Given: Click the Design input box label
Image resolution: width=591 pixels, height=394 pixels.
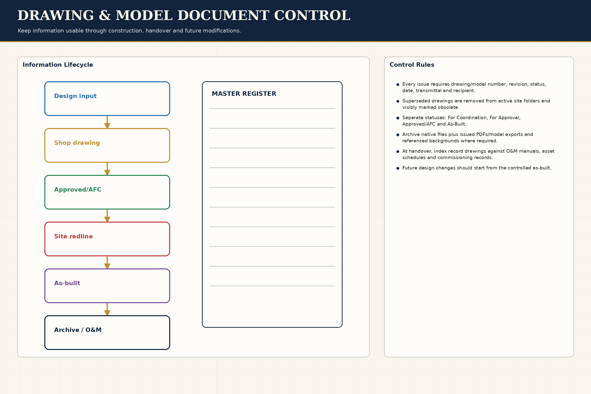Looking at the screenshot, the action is pos(75,96).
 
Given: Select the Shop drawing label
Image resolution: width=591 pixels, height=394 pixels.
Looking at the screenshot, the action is pos(77,143).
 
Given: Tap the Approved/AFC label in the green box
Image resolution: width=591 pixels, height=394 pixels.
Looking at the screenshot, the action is pos(78,189).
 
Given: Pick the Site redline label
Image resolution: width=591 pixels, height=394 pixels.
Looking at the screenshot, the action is pos(73,236).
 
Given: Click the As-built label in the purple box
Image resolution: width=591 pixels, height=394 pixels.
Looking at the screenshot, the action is pos(67,283).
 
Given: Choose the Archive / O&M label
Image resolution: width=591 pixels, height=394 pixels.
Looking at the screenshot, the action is pos(78,330).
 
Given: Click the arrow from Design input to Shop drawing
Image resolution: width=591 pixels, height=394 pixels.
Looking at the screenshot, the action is pos(107,122).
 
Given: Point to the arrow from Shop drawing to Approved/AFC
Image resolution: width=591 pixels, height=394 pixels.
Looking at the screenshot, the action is pos(107,169).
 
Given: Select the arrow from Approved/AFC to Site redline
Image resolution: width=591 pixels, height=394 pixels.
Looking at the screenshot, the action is pos(107,216).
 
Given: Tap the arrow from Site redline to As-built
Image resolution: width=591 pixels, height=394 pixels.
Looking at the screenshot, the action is pos(107,262).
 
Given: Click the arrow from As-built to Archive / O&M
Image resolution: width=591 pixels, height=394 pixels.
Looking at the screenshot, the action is pos(107,309).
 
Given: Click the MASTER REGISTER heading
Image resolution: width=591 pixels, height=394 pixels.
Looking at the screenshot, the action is pos(244,94).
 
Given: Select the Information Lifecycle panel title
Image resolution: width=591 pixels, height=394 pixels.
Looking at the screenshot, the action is pos(58,65).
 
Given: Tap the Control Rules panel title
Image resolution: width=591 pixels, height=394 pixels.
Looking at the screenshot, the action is pos(412,65).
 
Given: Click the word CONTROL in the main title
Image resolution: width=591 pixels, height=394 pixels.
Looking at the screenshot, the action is pos(312,15).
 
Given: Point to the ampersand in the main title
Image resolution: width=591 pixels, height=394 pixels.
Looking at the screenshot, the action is pos(105,15).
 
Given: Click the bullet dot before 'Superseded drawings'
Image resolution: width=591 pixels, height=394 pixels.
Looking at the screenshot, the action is pos(398,101).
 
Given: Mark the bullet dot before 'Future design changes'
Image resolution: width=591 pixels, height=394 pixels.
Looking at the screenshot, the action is pos(398,168).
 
